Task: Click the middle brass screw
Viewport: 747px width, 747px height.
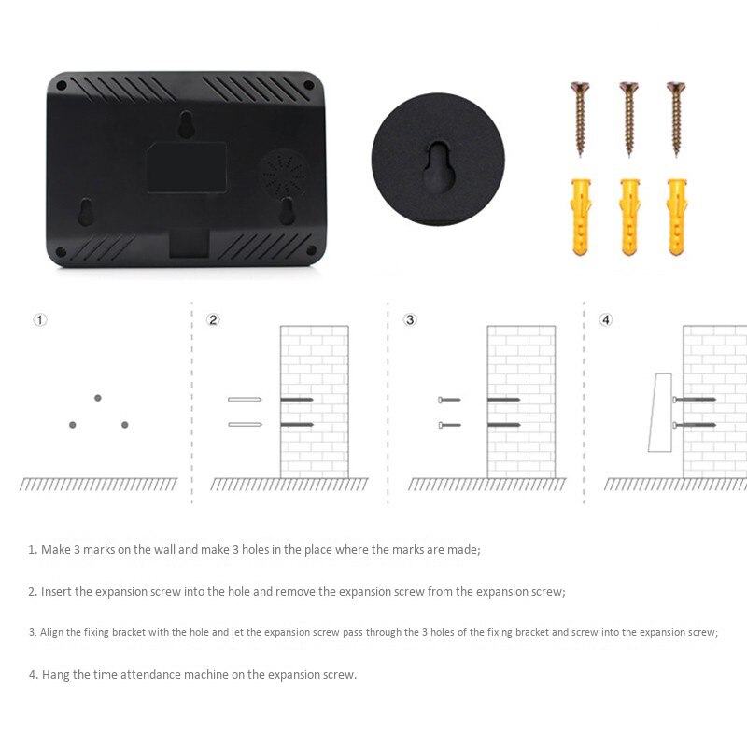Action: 628,120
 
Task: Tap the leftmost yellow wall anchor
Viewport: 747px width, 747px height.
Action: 581,218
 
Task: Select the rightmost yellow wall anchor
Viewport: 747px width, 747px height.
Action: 676,218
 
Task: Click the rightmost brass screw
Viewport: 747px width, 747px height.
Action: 676,120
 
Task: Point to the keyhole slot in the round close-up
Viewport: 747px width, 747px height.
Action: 439,167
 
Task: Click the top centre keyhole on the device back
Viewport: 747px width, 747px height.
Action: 186,125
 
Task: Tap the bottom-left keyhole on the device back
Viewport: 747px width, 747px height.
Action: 86,212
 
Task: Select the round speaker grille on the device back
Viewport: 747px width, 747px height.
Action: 285,174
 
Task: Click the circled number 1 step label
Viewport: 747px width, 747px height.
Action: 40,319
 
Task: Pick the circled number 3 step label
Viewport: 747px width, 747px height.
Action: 410,319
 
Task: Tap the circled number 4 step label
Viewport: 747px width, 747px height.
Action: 605,319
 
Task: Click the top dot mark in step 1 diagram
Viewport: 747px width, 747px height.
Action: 98,398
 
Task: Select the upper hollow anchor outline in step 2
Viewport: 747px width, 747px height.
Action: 245,400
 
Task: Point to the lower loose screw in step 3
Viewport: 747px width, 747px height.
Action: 450,425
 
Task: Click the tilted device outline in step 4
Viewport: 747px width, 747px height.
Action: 661,413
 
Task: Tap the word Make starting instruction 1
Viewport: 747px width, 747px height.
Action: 56,550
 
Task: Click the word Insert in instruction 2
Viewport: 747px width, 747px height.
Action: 56,592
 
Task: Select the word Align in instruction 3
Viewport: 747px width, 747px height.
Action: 51,633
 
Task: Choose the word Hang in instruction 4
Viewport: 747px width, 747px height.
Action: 55,675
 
